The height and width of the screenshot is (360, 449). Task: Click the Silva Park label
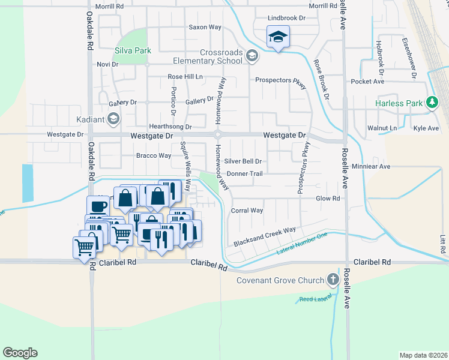point(133,51)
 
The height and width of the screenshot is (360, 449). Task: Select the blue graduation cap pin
point(278,37)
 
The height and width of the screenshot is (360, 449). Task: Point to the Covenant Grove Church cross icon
point(333,280)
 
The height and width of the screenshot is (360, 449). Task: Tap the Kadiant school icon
point(113,119)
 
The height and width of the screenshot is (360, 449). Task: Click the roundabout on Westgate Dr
point(218,136)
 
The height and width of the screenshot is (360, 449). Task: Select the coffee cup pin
point(98,206)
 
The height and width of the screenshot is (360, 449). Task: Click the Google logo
point(20,353)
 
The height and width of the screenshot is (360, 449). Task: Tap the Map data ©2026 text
point(423,355)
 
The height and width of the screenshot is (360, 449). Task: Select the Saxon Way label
point(205,27)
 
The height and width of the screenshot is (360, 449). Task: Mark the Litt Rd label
point(442,244)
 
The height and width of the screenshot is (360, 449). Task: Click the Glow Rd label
point(328,198)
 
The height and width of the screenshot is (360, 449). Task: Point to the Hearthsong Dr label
point(170,127)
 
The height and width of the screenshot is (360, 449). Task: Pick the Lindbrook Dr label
point(286,19)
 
